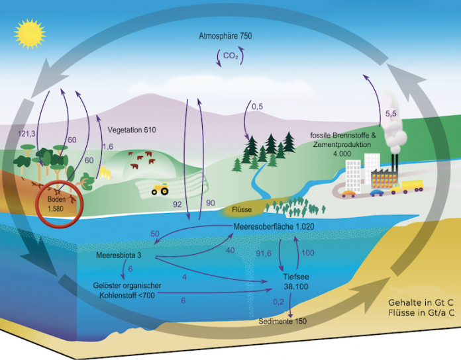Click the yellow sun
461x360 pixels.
point(30,34)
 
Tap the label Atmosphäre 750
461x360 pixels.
point(225,36)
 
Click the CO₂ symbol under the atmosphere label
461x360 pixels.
point(230,56)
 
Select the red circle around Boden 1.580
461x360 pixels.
point(60,203)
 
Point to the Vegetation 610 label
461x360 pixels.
point(132,130)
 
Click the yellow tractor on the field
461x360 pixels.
point(160,189)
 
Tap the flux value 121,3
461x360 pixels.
point(26,134)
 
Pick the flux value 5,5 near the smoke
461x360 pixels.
point(391,114)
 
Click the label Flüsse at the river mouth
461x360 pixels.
point(242,209)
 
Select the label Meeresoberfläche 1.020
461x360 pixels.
point(274,227)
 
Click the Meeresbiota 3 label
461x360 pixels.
point(119,255)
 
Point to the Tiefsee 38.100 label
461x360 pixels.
point(296,282)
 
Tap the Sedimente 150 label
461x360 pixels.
point(283,321)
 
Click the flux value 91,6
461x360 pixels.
point(264,253)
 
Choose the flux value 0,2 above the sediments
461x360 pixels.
point(278,302)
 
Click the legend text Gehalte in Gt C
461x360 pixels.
point(421,302)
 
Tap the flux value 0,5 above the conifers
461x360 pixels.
point(257,107)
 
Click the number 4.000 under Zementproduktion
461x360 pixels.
point(342,154)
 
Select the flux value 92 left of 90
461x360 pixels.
point(178,204)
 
